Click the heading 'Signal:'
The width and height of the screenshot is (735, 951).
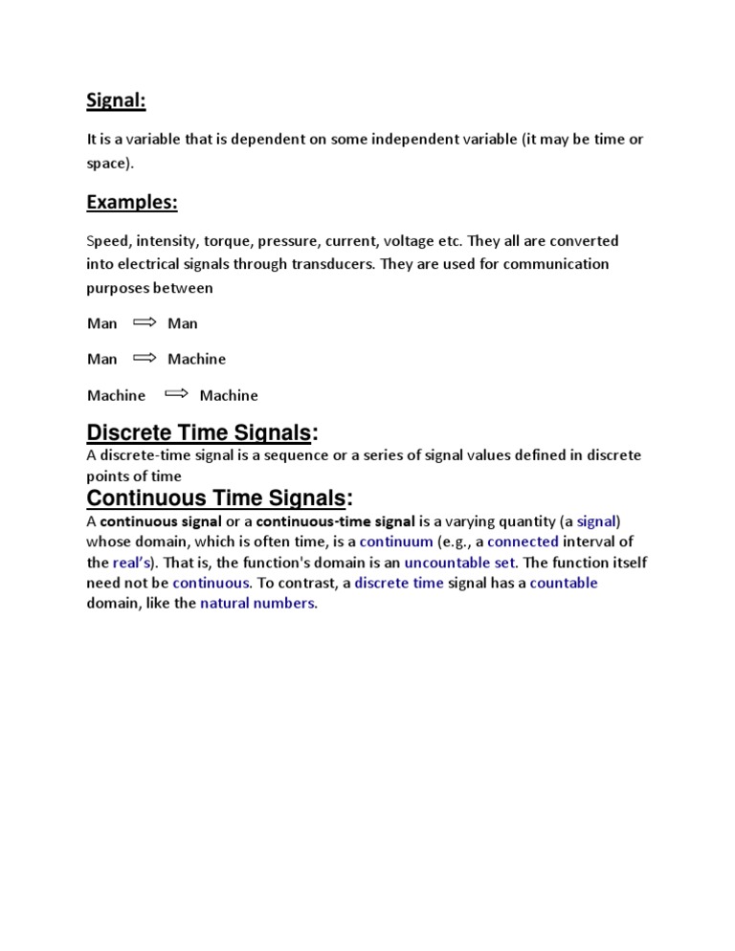[116, 100]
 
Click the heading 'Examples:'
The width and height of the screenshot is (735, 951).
[132, 202]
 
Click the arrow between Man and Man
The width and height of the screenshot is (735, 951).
[144, 322]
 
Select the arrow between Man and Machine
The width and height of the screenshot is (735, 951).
[144, 358]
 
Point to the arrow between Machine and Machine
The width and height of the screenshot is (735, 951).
[176, 393]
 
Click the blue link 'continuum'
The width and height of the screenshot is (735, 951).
[396, 542]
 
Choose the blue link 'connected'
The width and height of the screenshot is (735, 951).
[523, 542]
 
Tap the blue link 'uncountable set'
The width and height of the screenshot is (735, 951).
[459, 562]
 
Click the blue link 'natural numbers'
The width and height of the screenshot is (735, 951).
[256, 603]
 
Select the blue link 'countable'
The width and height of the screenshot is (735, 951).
[564, 583]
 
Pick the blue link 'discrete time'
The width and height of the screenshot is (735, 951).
[399, 583]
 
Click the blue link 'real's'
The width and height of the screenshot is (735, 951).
[133, 562]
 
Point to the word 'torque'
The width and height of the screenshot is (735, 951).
[245, 240]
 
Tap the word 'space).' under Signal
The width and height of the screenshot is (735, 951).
[108, 163]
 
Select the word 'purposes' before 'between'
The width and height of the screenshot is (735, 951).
[117, 287]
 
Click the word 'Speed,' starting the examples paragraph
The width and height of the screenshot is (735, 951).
[108, 240]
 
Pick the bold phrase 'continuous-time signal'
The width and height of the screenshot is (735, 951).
[335, 521]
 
